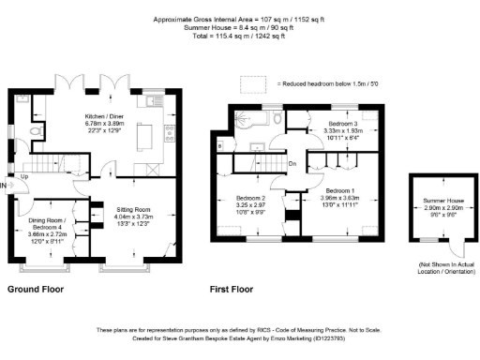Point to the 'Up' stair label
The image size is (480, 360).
click(x=24, y=175)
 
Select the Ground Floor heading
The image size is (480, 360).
click(x=36, y=291)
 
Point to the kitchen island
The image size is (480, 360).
click(x=144, y=138)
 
